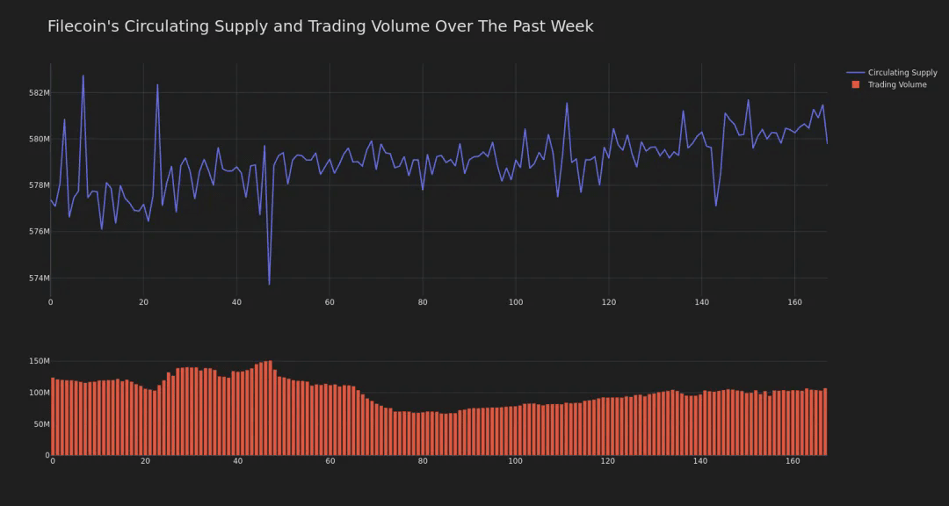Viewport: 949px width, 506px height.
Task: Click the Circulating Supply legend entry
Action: pyautogui.click(x=902, y=73)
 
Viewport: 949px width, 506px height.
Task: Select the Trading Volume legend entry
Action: pyautogui.click(x=896, y=85)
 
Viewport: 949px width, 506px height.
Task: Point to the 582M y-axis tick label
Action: pyautogui.click(x=39, y=93)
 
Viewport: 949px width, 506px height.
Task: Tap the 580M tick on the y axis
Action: pyautogui.click(x=39, y=139)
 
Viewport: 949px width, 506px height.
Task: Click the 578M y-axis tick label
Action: pyautogui.click(x=39, y=185)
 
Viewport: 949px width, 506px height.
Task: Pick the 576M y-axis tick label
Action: pyautogui.click(x=39, y=232)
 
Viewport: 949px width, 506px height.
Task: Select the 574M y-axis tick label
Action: pyautogui.click(x=39, y=278)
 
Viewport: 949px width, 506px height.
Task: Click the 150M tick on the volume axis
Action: pyautogui.click(x=39, y=361)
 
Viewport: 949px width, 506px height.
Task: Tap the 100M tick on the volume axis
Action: pyautogui.click(x=39, y=393)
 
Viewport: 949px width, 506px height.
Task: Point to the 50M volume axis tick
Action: pyautogui.click(x=40, y=424)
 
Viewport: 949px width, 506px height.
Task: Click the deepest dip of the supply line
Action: pyautogui.click(x=269, y=284)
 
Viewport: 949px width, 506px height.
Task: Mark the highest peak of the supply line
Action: pyautogui.click(x=83, y=76)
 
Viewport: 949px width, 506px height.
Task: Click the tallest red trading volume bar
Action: pyautogui.click(x=270, y=408)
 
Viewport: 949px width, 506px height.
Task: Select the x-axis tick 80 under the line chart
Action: pyautogui.click(x=423, y=302)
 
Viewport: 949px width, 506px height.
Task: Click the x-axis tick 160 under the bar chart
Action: pyautogui.click(x=793, y=461)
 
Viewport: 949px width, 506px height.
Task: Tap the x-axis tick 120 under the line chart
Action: pyautogui.click(x=608, y=302)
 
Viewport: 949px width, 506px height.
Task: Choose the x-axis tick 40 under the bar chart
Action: pyautogui.click(x=238, y=461)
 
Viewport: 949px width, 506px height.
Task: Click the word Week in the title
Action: pyautogui.click(x=572, y=26)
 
